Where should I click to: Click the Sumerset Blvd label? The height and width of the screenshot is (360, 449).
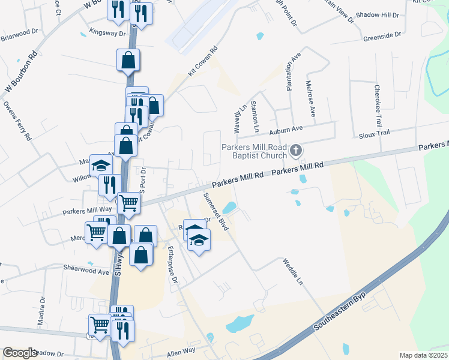pyautogui.click(x=216, y=212)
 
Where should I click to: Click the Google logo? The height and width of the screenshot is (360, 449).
pyautogui.click(x=20, y=353)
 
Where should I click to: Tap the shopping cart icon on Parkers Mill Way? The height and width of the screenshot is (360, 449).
pyautogui.click(x=128, y=203)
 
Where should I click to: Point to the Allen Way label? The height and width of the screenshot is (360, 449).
pyautogui.click(x=181, y=350)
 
